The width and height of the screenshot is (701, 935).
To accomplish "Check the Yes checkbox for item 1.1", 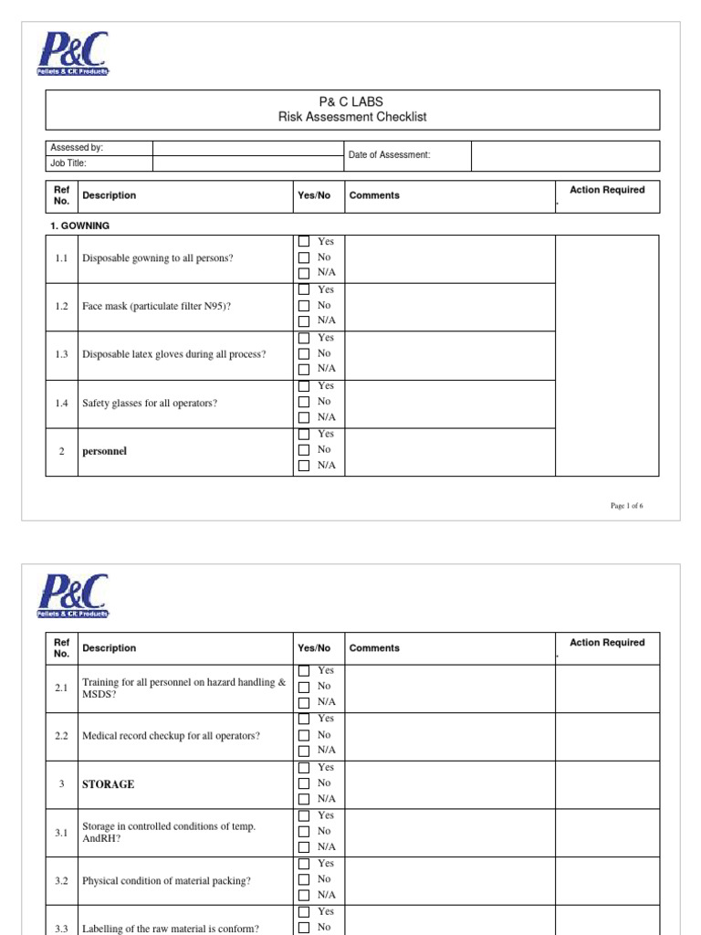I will click(304, 242).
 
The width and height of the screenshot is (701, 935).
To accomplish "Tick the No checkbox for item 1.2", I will click(304, 306).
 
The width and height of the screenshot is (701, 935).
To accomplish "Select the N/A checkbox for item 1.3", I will click(304, 369).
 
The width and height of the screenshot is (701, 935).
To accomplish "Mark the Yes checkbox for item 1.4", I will click(304, 386).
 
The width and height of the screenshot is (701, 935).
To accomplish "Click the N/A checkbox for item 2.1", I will click(304, 702).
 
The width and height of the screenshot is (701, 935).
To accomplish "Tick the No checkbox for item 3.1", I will click(304, 832).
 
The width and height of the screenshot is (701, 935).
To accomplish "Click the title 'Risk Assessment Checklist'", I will click(352, 117).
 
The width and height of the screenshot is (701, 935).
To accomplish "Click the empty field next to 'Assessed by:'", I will click(246, 148).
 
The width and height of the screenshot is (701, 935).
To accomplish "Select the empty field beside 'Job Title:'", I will click(246, 164).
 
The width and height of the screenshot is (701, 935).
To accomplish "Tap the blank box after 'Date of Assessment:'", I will click(564, 156).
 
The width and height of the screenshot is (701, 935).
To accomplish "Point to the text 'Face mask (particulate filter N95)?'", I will click(157, 306).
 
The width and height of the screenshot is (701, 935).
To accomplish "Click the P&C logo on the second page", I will click(73, 597).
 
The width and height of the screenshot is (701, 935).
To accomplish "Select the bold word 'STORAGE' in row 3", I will click(108, 784).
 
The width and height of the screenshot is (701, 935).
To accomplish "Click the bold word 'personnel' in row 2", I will click(104, 450).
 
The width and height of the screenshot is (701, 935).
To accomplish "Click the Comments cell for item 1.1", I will click(448, 258).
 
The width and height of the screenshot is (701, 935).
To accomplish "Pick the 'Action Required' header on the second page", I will click(607, 643).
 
